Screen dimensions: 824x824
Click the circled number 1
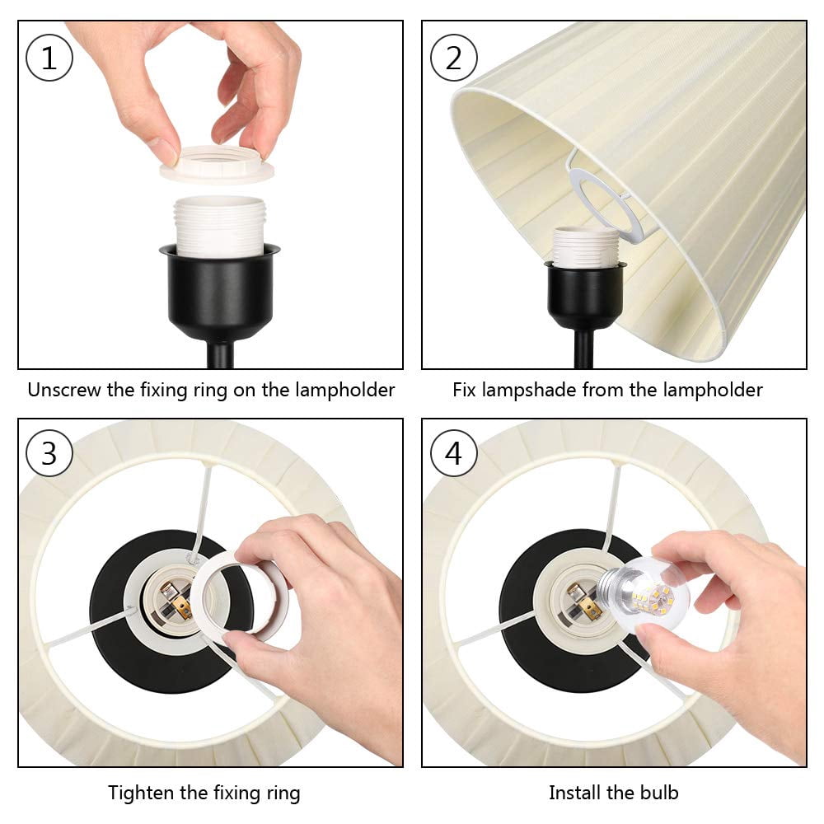pos(49,58)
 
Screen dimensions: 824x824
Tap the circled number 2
pos(453,58)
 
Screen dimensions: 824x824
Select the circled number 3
pos(49,453)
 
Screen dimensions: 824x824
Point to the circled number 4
pos(453,453)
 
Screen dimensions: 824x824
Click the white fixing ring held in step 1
pos(217,164)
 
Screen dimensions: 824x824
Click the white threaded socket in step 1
pos(220,226)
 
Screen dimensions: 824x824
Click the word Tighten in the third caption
pos(141,793)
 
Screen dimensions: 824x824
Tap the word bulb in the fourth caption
pos(659,792)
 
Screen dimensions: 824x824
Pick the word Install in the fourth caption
pos(574,792)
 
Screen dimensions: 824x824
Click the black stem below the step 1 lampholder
pos(221,353)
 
